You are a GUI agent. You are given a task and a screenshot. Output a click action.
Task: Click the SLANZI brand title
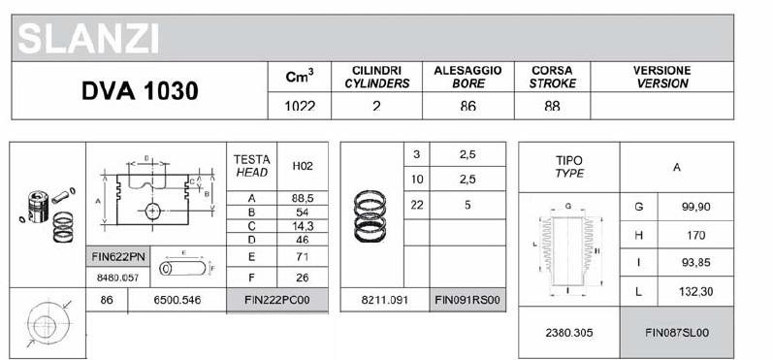[x=88, y=40]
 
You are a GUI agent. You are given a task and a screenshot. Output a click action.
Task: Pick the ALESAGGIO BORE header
[x=467, y=78]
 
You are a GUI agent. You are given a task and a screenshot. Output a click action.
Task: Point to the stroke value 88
[x=552, y=107]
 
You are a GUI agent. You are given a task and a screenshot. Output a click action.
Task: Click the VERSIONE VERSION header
[x=661, y=78]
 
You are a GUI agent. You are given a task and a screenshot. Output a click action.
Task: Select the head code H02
[x=302, y=166]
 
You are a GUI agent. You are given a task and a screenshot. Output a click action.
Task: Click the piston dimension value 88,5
[x=302, y=197]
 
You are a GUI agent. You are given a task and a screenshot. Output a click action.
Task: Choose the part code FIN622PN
[x=118, y=257]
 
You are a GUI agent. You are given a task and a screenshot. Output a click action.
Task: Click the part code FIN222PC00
[x=276, y=301]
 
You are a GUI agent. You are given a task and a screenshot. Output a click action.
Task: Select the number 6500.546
[x=177, y=301]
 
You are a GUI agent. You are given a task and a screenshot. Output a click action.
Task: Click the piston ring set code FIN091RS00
[x=467, y=301]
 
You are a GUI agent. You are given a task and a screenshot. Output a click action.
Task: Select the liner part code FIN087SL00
[x=677, y=332]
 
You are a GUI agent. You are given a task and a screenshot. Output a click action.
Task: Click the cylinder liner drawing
[x=567, y=248]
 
